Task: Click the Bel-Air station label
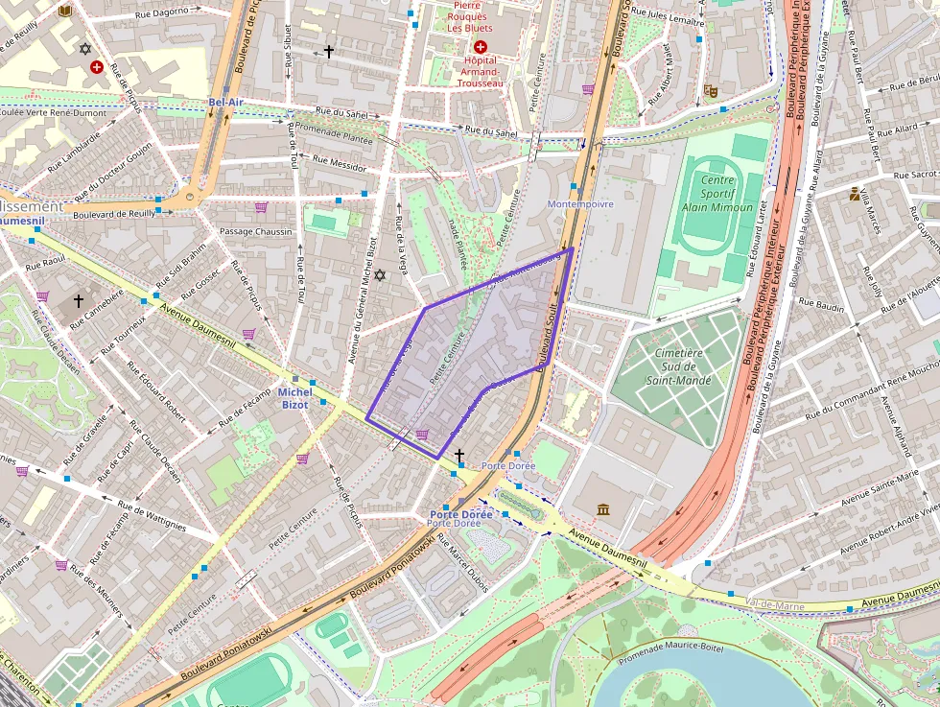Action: (x=225, y=102)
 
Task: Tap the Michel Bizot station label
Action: (x=294, y=398)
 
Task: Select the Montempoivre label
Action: (x=579, y=204)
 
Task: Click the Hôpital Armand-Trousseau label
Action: (x=480, y=72)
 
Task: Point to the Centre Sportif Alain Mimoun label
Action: (x=717, y=194)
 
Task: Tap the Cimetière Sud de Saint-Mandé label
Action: (x=678, y=366)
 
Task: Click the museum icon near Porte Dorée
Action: (x=602, y=508)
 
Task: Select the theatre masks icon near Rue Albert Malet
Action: (x=711, y=91)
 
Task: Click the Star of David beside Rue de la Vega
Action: (x=379, y=275)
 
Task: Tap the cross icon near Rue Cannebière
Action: (x=79, y=301)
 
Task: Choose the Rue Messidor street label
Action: (x=340, y=164)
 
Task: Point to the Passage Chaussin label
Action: (x=255, y=231)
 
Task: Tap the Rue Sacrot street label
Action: (x=914, y=175)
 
